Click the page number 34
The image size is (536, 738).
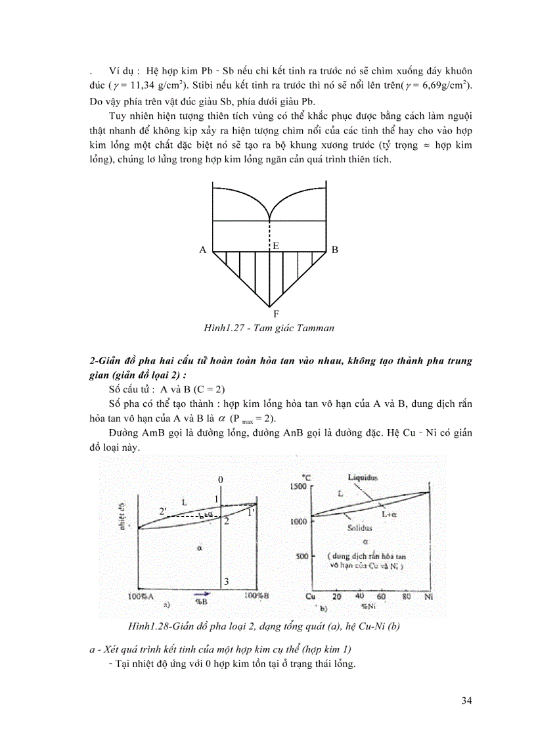(x=466, y=700)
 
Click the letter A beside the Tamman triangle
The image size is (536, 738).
(x=203, y=250)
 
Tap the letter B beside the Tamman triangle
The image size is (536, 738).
(x=335, y=250)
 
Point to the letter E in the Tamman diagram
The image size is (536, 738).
(x=276, y=245)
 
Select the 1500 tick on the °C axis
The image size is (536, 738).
(x=300, y=485)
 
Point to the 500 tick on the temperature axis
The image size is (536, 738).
(x=302, y=556)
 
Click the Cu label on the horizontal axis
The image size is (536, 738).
(x=311, y=597)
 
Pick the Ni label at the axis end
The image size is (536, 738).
(x=429, y=597)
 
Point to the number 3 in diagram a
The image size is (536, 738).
(x=226, y=582)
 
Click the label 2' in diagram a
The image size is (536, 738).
(x=164, y=511)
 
